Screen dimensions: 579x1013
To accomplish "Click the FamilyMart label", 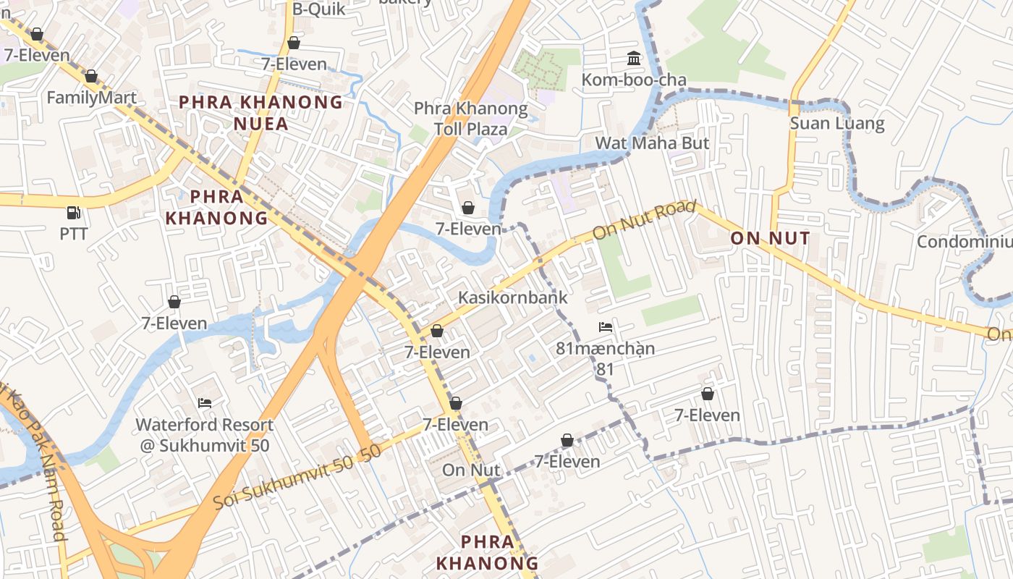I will (x=91, y=98).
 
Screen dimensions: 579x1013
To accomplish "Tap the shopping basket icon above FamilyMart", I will (x=91, y=76).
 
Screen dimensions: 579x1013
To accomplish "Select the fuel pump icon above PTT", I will (x=73, y=212).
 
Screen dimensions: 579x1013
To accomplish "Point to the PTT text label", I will (x=73, y=234).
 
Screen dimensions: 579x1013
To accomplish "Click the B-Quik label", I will (x=319, y=9).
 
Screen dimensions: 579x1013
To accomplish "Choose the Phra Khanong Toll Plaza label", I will (x=470, y=119).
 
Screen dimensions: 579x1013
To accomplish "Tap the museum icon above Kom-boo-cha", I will (x=634, y=58).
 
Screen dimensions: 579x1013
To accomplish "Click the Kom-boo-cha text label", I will (x=634, y=80).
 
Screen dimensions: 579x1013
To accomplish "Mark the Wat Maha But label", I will (x=652, y=143).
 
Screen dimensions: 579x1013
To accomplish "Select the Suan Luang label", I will (x=836, y=123).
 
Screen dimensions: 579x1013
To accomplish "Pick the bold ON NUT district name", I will (x=770, y=238).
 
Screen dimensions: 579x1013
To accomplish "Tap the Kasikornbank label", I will (x=512, y=297).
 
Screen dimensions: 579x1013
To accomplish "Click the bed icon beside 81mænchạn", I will (x=606, y=327).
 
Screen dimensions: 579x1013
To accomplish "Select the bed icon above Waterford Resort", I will (x=205, y=402).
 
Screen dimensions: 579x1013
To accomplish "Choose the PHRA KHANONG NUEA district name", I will (x=260, y=112).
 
